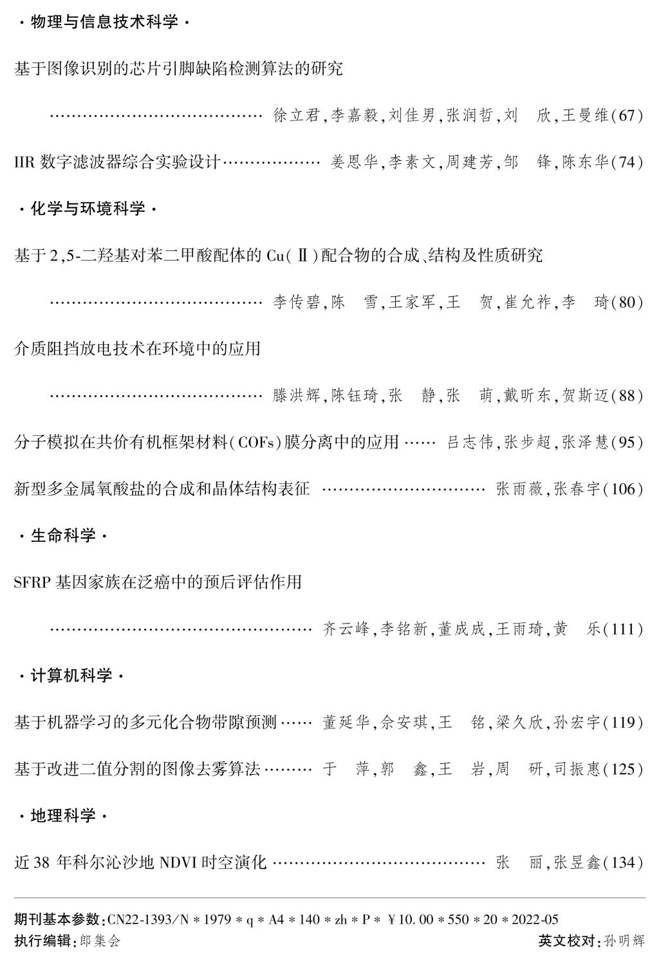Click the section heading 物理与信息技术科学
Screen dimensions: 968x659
104,23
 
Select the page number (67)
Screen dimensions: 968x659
626,116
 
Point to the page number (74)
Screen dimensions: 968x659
626,162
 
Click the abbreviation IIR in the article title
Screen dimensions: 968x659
24,162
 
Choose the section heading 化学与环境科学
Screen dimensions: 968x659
88,209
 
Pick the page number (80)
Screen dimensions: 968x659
626,302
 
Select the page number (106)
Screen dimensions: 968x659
622,489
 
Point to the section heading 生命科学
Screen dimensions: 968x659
63,535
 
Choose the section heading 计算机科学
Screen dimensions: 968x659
71,676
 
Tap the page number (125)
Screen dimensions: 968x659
622,769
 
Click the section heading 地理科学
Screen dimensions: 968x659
63,816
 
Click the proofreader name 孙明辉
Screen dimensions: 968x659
625,941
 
